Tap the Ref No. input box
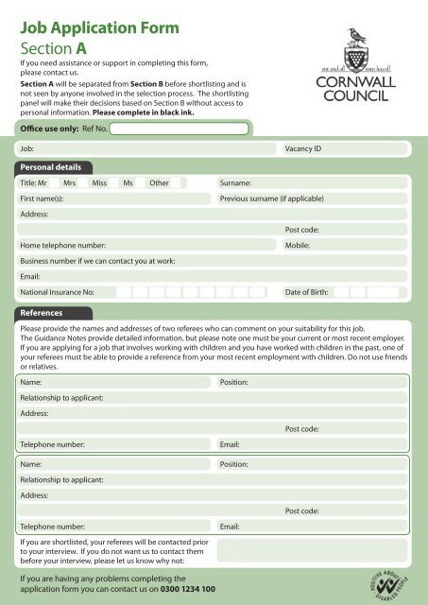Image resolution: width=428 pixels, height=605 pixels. [x=179, y=129]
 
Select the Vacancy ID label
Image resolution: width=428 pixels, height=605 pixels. [x=303, y=149]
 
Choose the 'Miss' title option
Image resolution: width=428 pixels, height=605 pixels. [x=99, y=182]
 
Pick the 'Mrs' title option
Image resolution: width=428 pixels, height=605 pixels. [x=69, y=182]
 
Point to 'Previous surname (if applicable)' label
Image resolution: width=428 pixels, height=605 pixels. [x=271, y=199]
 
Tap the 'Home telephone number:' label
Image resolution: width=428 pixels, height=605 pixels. [x=64, y=245]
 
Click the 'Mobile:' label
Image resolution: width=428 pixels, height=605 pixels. [x=298, y=245]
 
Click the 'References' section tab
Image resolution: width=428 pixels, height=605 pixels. [x=46, y=311]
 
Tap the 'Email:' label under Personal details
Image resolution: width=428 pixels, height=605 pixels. [x=31, y=276]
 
